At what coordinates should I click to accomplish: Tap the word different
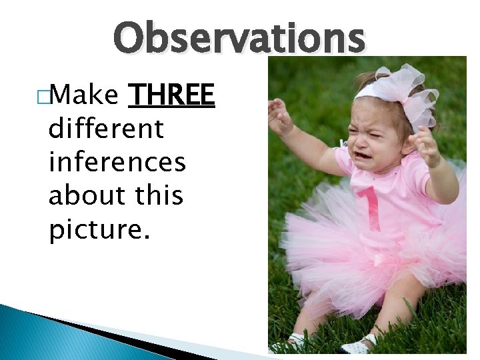[106, 128]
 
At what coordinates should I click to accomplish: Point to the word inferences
[117, 161]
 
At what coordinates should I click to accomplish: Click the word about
[85, 195]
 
